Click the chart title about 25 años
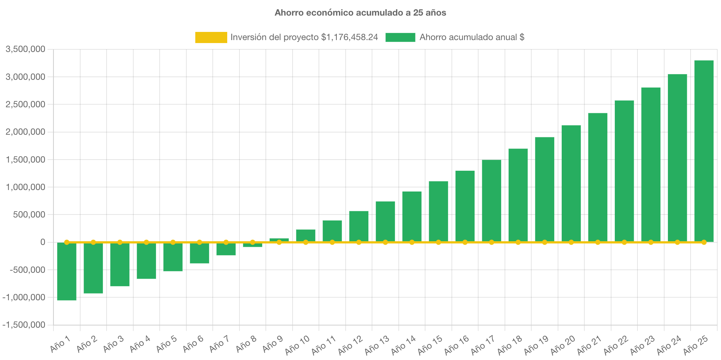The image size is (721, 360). click(x=360, y=13)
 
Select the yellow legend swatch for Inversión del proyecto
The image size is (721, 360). click(x=211, y=37)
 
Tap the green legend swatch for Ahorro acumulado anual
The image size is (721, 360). click(x=400, y=37)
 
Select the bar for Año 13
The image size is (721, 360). click(x=385, y=222)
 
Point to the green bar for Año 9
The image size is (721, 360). click(x=279, y=240)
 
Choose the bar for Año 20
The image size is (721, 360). click(x=571, y=184)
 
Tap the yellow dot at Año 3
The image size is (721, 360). click(x=120, y=242)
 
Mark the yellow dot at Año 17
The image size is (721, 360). click(x=492, y=242)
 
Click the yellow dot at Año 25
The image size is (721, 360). click(x=704, y=242)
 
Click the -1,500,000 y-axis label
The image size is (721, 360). click(x=24, y=325)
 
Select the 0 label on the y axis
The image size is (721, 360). click(x=43, y=242)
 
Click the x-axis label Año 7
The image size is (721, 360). click(x=219, y=344)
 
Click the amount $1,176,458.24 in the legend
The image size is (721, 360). click(x=349, y=37)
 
